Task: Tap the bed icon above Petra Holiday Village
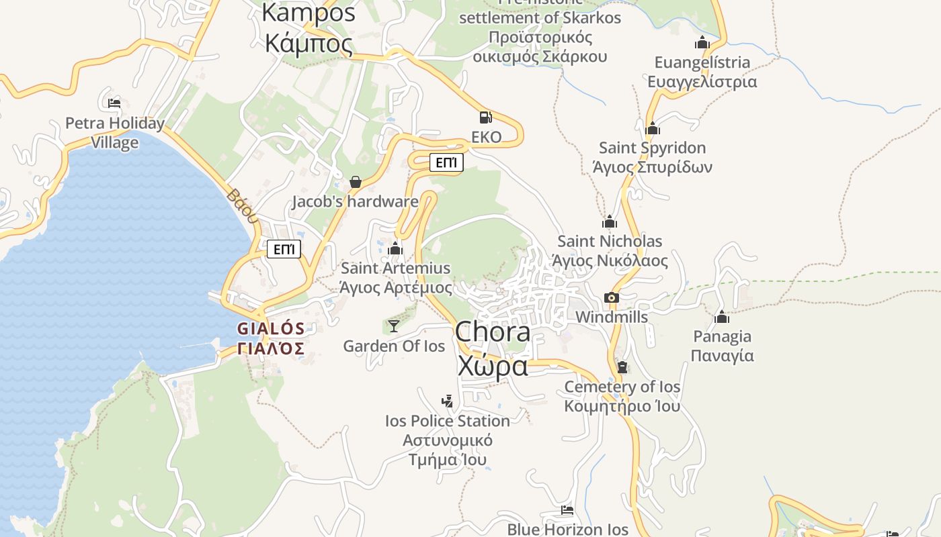(x=114, y=103)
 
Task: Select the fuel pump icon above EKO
(x=486, y=117)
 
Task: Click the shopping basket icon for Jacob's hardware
(x=356, y=182)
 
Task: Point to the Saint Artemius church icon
(x=395, y=249)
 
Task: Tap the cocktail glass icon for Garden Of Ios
(x=394, y=326)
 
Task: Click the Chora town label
(x=493, y=332)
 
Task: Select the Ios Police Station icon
(x=447, y=401)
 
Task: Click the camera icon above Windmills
(x=611, y=297)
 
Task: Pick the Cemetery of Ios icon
(x=622, y=367)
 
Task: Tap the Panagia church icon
(x=722, y=317)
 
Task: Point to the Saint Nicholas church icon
(x=610, y=222)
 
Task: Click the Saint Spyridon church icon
(x=652, y=128)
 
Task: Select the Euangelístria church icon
(x=702, y=43)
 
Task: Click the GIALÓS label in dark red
(x=271, y=329)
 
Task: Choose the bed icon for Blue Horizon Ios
(x=567, y=510)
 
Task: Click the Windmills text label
(x=612, y=317)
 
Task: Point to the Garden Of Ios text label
(x=394, y=346)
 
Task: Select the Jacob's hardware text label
(x=355, y=201)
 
